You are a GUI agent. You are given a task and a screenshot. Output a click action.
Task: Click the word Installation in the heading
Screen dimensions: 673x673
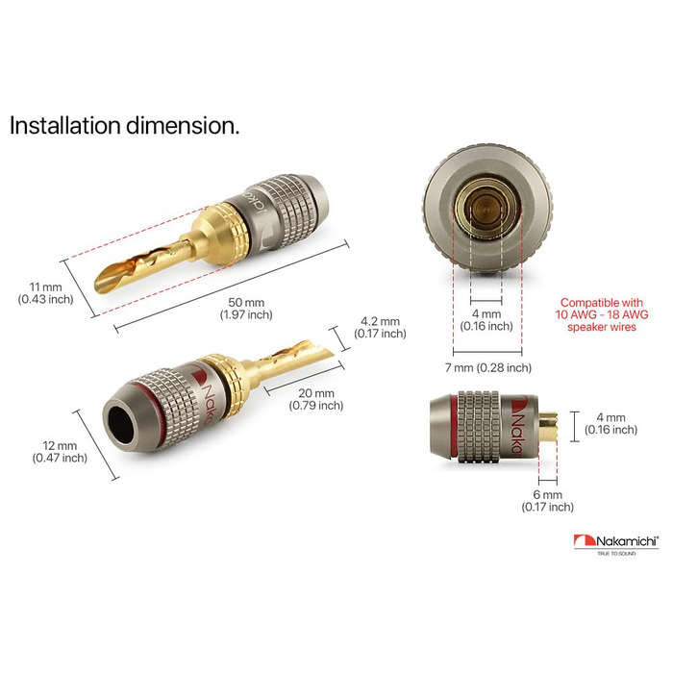tap(64, 126)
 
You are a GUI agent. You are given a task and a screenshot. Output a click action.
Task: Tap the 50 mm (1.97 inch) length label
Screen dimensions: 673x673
tap(246, 309)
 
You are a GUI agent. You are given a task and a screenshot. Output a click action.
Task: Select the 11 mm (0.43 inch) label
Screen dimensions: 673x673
tap(45, 293)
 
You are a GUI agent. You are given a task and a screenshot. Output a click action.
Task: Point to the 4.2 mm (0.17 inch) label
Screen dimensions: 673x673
tap(380, 328)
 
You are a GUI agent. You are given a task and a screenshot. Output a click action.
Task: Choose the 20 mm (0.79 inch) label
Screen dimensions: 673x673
tap(316, 399)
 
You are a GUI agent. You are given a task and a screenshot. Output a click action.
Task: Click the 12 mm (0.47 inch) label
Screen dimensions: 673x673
tap(60, 452)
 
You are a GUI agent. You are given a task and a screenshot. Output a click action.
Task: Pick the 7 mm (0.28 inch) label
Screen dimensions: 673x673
tap(488, 368)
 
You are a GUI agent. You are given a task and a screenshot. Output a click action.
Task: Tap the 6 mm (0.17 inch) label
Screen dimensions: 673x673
tap(548, 501)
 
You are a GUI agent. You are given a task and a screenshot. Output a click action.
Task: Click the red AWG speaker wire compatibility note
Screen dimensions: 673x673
tap(602, 314)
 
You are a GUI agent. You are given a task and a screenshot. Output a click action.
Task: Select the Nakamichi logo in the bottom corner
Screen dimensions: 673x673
tap(616, 541)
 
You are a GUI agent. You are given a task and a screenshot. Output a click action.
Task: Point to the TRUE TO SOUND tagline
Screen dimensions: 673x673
tap(616, 554)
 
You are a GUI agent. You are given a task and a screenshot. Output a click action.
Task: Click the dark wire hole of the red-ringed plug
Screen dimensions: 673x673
tap(120, 425)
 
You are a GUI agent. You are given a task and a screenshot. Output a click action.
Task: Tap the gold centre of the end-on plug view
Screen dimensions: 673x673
tap(486, 209)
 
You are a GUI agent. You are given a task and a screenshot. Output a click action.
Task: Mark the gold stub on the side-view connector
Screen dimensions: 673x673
tap(548, 425)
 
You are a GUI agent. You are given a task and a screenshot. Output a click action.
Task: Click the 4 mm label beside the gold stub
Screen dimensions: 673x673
tap(611, 423)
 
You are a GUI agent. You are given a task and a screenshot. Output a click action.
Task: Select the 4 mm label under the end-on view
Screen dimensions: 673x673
tap(486, 320)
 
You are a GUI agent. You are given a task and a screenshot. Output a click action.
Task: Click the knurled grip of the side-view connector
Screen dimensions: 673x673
tap(479, 427)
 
